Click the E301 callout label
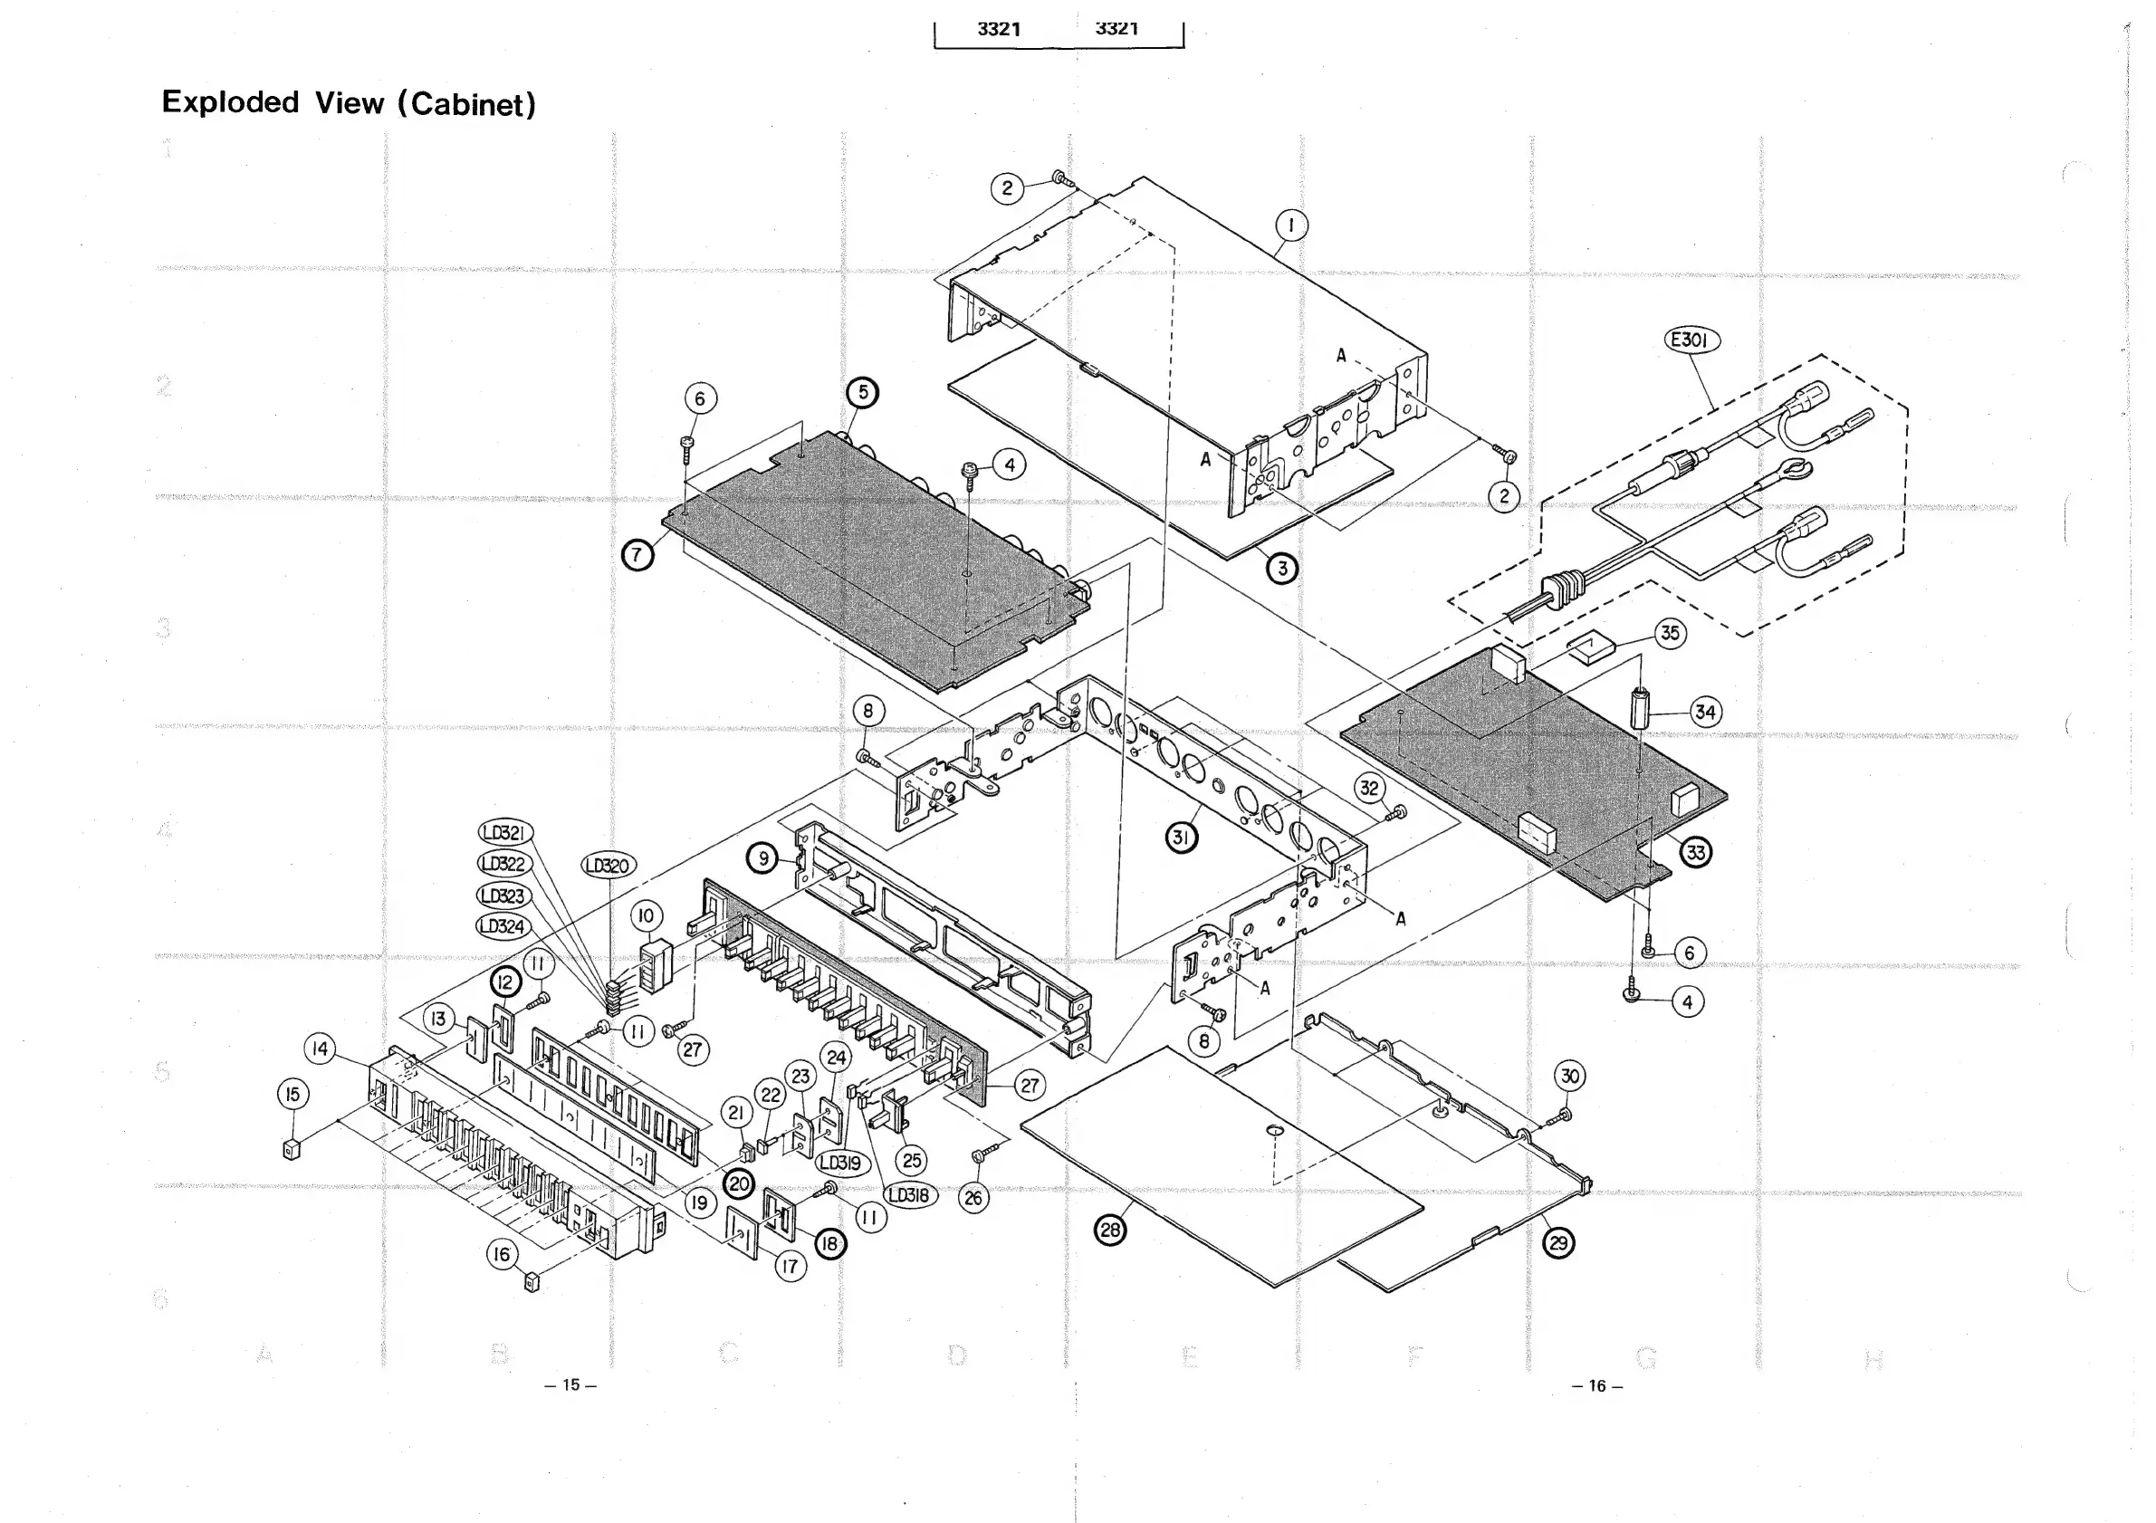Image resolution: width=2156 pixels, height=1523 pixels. coord(1691,340)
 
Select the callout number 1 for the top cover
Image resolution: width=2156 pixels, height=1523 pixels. coord(1291,225)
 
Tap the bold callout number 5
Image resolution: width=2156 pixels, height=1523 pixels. coord(862,392)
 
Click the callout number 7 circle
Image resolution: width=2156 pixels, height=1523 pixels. coord(637,555)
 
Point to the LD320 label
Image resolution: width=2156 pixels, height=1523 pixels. coord(608,865)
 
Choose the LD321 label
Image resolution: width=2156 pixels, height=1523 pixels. coord(505,833)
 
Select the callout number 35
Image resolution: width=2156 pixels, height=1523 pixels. coord(1669,633)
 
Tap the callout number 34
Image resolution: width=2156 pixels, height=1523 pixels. coord(1704,712)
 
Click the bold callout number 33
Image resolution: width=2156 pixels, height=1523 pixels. coord(1695,853)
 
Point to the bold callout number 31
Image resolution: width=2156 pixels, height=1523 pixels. coord(1182,837)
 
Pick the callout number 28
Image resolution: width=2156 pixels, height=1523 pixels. coord(1111,1230)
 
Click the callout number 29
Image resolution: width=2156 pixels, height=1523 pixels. coord(1558,1243)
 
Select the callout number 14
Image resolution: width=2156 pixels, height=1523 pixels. coord(321,1049)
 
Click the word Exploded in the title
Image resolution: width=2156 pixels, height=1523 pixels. coord(230,101)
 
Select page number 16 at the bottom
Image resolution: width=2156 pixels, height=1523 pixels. coord(1596,1385)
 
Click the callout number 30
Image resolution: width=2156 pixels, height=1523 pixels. coord(1570,1075)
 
